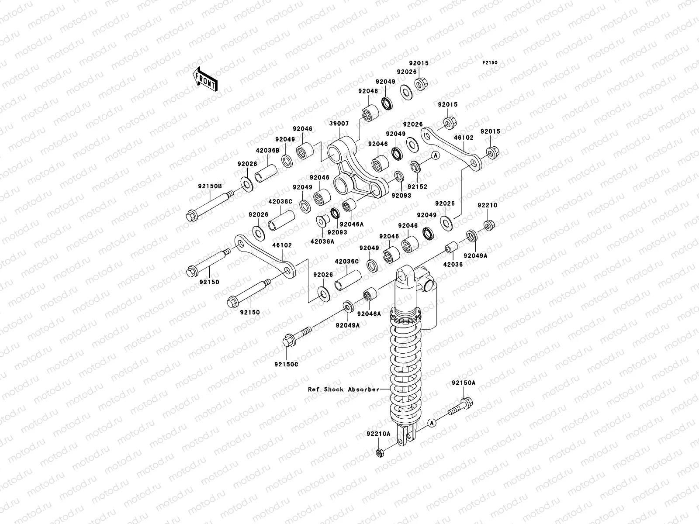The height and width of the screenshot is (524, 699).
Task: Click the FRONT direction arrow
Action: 205,79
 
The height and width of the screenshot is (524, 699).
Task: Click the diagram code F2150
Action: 489,63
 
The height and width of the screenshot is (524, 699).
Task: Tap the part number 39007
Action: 339,124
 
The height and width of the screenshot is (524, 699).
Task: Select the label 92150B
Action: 210,186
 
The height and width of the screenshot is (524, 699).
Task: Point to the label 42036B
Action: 267,151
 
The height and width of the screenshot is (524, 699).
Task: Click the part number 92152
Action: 417,187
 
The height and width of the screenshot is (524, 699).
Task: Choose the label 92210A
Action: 378,434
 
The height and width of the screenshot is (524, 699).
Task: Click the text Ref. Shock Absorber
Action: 344,390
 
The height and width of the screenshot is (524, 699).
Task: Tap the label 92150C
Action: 286,364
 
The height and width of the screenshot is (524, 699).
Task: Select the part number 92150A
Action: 464,383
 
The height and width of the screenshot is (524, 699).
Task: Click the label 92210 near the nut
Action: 487,205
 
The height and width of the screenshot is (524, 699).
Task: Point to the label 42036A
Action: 322,241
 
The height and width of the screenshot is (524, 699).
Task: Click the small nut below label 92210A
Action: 380,453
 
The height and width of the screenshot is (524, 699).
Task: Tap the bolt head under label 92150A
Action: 467,403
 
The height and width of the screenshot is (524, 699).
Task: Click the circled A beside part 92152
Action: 436,155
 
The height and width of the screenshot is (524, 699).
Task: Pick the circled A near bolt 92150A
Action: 432,423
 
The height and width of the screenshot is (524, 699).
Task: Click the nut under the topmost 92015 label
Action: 421,84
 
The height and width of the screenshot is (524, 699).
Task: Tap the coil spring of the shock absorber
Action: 405,366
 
